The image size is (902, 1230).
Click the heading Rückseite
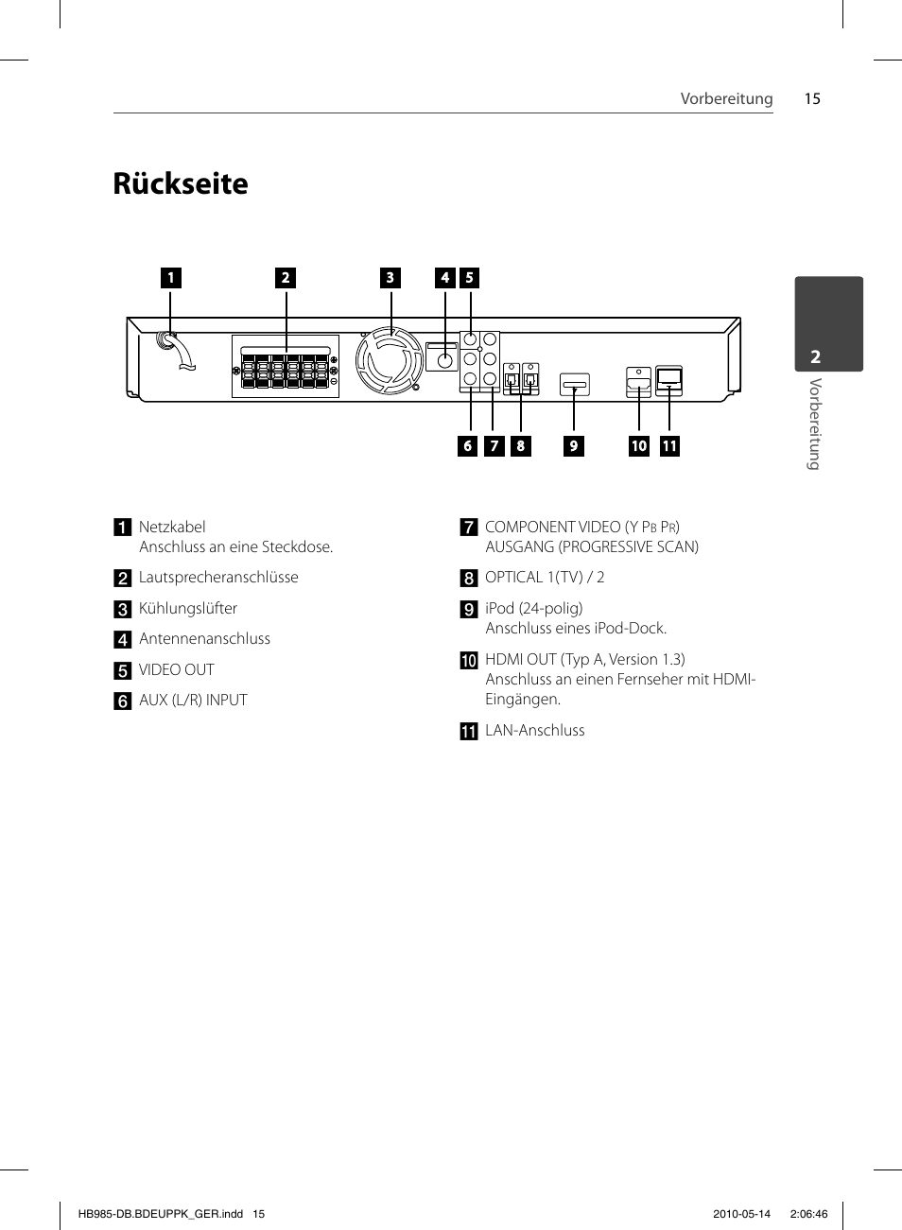[181, 183]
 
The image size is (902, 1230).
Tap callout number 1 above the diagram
[171, 278]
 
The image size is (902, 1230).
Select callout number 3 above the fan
[390, 278]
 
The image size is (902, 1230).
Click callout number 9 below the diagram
[574, 446]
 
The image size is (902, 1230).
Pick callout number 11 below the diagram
[669, 446]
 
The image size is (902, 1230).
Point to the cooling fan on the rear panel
[390, 360]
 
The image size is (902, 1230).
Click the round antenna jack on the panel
[444, 361]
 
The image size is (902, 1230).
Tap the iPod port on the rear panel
[575, 385]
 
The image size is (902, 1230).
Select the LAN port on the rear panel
[669, 380]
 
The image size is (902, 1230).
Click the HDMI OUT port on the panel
[638, 382]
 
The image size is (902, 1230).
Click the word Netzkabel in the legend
[172, 528]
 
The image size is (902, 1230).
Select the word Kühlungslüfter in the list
[188, 609]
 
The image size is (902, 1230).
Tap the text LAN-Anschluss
[535, 730]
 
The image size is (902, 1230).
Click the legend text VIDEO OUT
[176, 670]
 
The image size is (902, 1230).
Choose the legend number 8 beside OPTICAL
[469, 579]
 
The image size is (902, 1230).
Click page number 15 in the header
[812, 99]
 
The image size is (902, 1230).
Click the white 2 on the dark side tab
[816, 357]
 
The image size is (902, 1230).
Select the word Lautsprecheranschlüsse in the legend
[218, 578]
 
